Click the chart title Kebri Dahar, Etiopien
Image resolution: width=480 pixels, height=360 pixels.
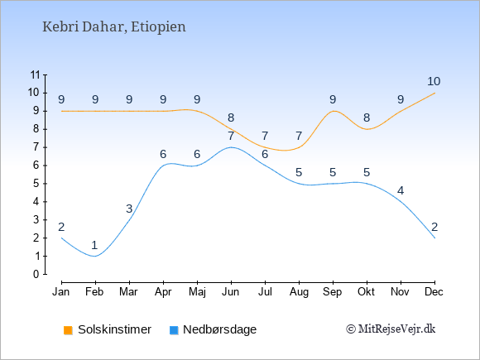tap(114, 27)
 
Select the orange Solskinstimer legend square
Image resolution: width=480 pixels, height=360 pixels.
tap(68, 330)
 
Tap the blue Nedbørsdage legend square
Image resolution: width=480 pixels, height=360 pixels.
tap(174, 330)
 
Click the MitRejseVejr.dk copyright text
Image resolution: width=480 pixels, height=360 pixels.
tap(391, 329)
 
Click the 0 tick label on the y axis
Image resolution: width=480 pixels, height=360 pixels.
tap(36, 274)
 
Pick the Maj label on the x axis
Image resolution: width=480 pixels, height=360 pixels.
tap(197, 292)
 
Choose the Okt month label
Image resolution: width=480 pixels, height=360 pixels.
tap(367, 292)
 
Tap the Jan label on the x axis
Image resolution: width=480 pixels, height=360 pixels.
tap(61, 292)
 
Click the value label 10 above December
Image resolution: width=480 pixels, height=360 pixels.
tap(434, 81)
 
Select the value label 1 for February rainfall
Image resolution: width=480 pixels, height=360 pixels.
tap(94, 245)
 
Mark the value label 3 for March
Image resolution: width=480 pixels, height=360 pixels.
tap(129, 209)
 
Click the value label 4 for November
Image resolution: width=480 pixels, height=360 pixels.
tap(401, 191)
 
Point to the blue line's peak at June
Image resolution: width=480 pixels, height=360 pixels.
tap(231, 147)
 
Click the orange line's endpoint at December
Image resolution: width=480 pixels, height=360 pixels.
tap(434, 93)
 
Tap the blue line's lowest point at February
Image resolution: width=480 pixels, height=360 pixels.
tap(95, 256)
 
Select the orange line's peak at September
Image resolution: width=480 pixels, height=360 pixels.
tap(333, 111)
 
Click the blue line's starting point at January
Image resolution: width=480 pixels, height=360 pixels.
tap(61, 238)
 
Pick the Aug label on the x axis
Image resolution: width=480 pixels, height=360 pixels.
tap(299, 292)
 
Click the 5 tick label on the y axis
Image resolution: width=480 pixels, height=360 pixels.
tap(36, 184)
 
